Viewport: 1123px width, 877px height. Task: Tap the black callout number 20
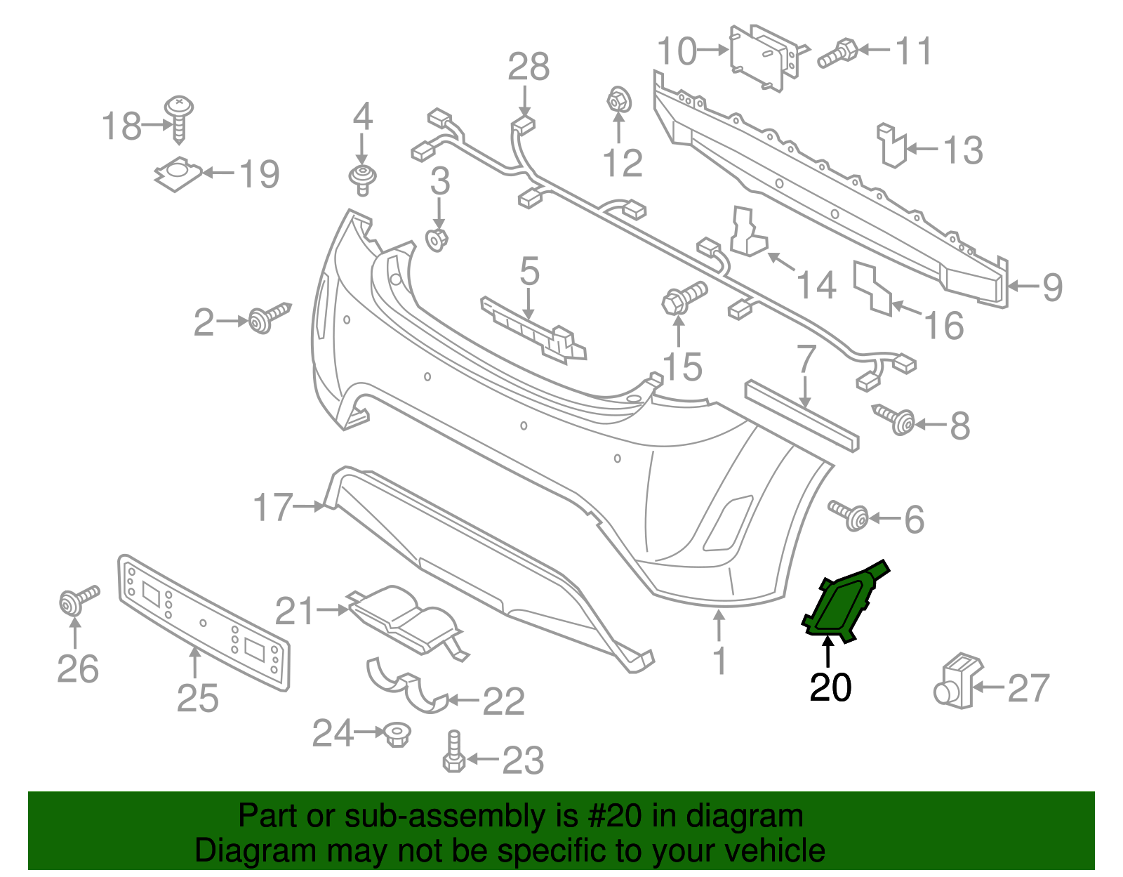[x=830, y=687]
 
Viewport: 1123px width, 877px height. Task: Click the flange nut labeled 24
[x=397, y=734]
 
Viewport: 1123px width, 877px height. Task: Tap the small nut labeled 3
[x=437, y=239]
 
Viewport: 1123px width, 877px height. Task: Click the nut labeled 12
[x=618, y=100]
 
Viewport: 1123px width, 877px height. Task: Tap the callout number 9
[x=1052, y=286]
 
